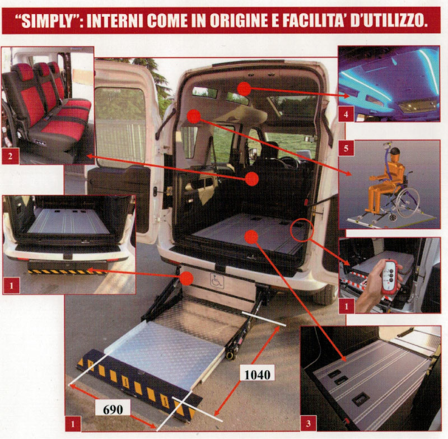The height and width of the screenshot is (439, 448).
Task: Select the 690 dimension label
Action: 116,408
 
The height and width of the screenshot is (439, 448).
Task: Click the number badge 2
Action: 10,156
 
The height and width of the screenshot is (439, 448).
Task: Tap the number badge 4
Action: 346,114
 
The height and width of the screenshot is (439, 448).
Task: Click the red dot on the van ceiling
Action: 242,87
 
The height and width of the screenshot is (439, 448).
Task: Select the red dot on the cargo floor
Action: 252,237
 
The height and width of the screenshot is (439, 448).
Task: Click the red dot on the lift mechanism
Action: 187,278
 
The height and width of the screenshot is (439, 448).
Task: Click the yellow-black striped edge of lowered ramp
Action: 137,384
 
